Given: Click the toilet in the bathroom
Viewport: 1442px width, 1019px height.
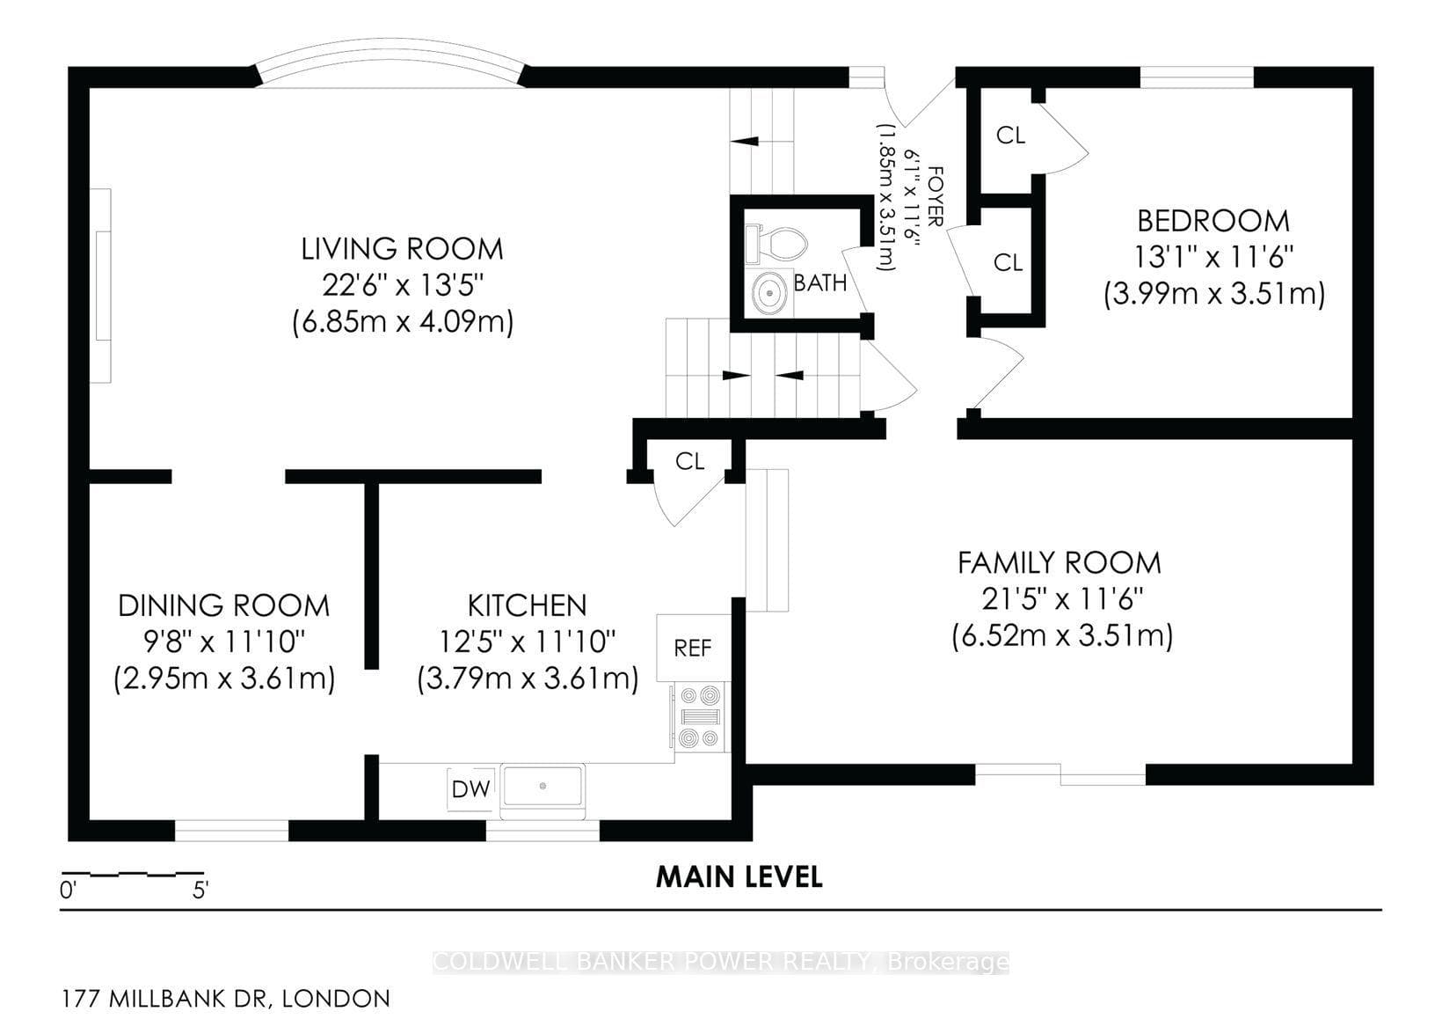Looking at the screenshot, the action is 776,244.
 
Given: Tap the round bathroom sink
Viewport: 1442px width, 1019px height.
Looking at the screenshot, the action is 769,293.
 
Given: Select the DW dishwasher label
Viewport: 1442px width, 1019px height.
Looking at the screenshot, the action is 470,788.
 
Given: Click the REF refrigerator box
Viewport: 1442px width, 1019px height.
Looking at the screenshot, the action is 694,648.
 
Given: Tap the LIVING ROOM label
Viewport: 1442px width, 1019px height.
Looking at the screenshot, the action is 403,249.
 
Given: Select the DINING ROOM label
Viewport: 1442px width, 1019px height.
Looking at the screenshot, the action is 224,605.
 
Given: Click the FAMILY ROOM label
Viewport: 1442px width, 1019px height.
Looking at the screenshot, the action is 1060,563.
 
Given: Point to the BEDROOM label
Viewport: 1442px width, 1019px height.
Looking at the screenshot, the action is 1213,221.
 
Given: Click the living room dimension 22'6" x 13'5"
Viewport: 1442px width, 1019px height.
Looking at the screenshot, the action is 403,285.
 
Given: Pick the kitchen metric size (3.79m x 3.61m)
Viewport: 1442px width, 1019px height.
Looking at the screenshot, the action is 528,679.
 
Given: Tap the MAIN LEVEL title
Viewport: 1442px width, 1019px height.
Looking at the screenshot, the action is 739,876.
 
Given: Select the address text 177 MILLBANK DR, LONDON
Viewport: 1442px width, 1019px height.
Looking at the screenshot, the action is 226,999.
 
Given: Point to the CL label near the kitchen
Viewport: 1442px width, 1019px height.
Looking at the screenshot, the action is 690,461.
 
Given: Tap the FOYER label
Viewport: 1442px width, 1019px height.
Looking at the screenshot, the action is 936,196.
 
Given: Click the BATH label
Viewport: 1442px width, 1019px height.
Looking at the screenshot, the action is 820,282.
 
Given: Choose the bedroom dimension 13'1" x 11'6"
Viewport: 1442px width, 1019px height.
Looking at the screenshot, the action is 1213,258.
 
